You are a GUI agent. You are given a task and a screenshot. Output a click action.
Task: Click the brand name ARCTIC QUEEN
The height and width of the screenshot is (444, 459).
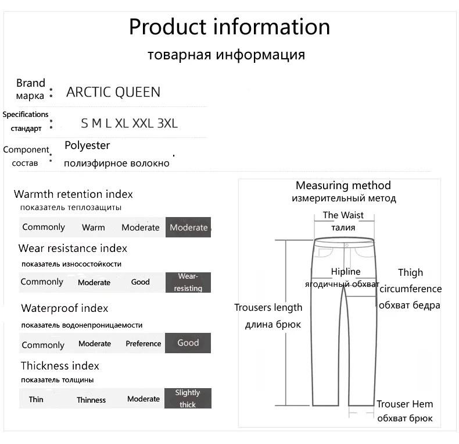coord(113,92)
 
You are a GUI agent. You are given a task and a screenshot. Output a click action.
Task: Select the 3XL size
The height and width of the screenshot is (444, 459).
coord(167,123)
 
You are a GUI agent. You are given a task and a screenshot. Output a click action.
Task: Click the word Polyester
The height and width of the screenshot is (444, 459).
coord(87,145)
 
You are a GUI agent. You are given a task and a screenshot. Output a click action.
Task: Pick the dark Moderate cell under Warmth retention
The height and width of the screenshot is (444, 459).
coord(188,228)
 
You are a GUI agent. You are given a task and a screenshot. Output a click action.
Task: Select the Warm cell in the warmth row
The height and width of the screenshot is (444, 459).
coord(94,228)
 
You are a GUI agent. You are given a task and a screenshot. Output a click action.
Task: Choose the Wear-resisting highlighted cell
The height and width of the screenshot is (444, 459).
coord(188,282)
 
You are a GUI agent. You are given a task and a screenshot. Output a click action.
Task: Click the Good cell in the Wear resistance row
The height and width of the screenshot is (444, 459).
coord(141,282)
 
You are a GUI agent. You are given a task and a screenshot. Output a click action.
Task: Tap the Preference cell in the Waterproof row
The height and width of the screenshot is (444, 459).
coord(144,343)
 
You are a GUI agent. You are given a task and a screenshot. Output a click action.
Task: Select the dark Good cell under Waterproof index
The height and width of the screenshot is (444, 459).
coord(188,343)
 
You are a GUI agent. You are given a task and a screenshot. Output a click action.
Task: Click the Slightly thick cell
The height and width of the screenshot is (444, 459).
coord(188,399)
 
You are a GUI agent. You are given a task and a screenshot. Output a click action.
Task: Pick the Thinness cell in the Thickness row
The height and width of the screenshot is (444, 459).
coord(91,400)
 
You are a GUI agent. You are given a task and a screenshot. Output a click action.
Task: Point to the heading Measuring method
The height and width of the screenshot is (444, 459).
coord(343,186)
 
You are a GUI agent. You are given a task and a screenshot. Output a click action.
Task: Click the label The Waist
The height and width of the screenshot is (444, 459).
coord(343,215)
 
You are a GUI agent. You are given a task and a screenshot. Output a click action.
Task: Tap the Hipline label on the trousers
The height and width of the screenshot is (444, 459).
coord(346,272)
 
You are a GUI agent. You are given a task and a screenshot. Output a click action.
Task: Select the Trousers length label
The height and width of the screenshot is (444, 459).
coord(268,307)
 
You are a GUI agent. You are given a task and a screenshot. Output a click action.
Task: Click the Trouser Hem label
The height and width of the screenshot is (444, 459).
coord(405,404)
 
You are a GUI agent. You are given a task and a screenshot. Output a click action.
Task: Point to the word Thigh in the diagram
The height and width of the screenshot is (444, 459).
coord(410,272)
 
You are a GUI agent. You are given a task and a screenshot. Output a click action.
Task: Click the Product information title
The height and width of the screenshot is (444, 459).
coord(229,27)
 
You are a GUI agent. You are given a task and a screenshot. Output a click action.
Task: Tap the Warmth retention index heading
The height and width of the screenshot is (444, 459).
coord(73,194)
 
